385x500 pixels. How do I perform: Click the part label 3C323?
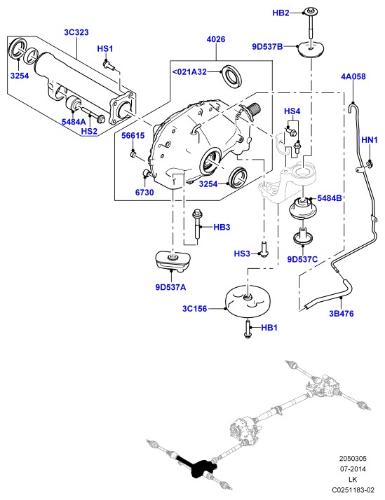(76, 32)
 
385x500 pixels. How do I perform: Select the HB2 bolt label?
(281, 13)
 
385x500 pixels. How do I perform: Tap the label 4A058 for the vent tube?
(353, 76)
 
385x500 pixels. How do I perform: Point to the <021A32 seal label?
(189, 71)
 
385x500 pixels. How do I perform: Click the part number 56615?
(133, 136)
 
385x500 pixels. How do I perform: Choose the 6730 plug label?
(144, 193)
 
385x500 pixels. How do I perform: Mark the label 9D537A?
(170, 287)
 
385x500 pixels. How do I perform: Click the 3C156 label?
(194, 309)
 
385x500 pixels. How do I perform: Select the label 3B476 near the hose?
(342, 314)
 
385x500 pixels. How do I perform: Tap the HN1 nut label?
(370, 139)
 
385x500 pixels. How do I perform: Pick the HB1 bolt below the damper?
(248, 328)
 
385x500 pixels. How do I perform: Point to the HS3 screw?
(264, 249)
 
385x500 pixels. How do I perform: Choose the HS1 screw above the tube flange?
(109, 64)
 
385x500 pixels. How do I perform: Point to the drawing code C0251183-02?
(353, 489)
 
